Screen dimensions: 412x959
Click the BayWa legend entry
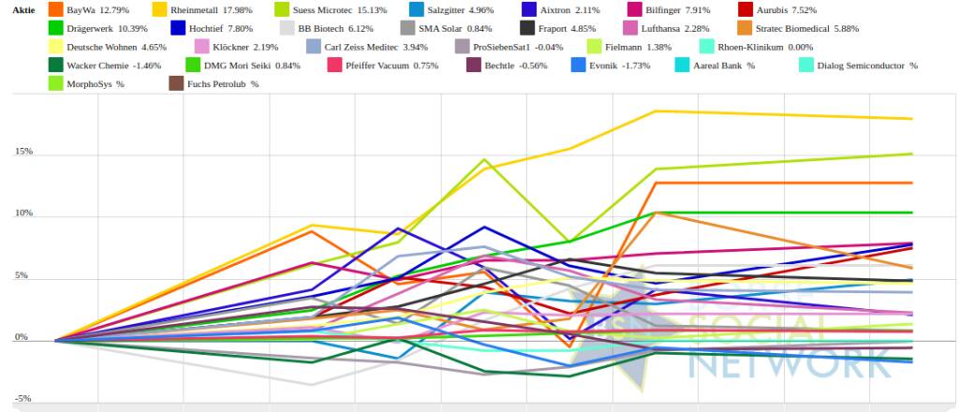[x=97, y=9]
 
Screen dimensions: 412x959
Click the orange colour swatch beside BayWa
[x=55, y=9]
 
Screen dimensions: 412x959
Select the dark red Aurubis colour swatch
[x=746, y=9]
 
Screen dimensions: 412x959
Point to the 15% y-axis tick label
[x=23, y=152]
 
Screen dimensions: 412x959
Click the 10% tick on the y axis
[x=23, y=213]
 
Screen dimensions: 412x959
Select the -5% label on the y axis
[x=23, y=399]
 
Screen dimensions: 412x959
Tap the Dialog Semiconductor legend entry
[x=866, y=66]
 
